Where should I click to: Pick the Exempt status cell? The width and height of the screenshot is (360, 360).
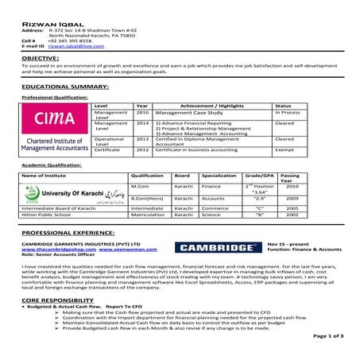pyautogui.click(x=285, y=149)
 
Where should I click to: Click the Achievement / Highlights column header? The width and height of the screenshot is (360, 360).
pyautogui.click(x=206, y=105)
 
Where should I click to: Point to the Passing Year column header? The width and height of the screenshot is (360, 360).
pyautogui.click(x=292, y=177)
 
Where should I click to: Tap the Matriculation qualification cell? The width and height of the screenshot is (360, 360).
pyautogui.click(x=147, y=215)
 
